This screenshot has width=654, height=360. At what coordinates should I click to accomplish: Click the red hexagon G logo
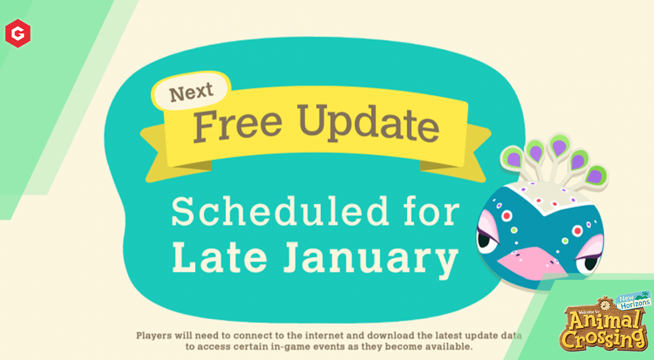[18, 33]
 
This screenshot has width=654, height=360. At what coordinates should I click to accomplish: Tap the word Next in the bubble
[192, 92]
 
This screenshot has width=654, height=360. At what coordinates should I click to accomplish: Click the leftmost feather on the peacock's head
[513, 158]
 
